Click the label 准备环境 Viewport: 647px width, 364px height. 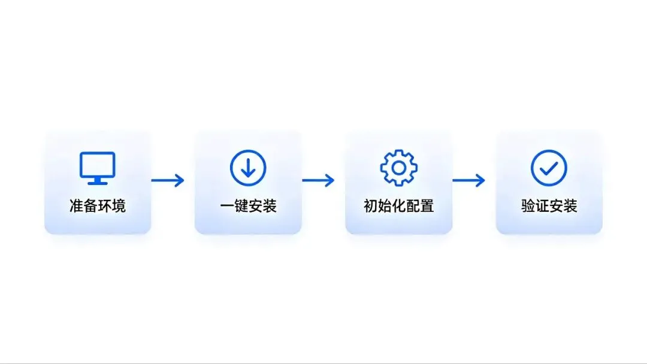[x=98, y=206]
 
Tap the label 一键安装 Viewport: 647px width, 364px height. [x=248, y=206]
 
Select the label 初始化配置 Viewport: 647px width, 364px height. [x=398, y=206]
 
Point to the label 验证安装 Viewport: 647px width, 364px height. [x=549, y=206]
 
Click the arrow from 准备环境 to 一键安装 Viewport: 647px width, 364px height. [x=168, y=180]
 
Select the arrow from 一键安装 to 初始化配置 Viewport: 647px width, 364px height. [x=318, y=180]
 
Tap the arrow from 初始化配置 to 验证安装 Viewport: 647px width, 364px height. [x=468, y=180]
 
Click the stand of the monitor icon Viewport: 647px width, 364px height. [x=98, y=181]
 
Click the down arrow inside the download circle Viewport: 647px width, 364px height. [x=248, y=168]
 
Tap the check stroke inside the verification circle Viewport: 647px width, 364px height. [x=549, y=168]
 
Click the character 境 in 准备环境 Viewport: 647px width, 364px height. [x=119, y=206]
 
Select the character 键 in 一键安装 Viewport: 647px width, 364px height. [x=241, y=206]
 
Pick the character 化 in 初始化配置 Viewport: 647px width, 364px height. [x=398, y=206]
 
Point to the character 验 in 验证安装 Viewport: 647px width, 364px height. [x=528, y=206]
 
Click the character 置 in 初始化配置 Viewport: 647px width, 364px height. [x=427, y=206]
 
